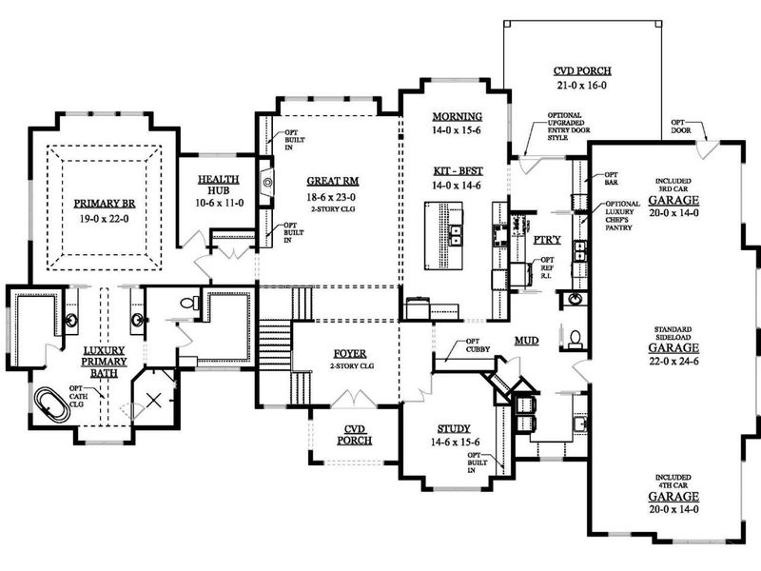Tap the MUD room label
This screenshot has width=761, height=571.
[x=527, y=340]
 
